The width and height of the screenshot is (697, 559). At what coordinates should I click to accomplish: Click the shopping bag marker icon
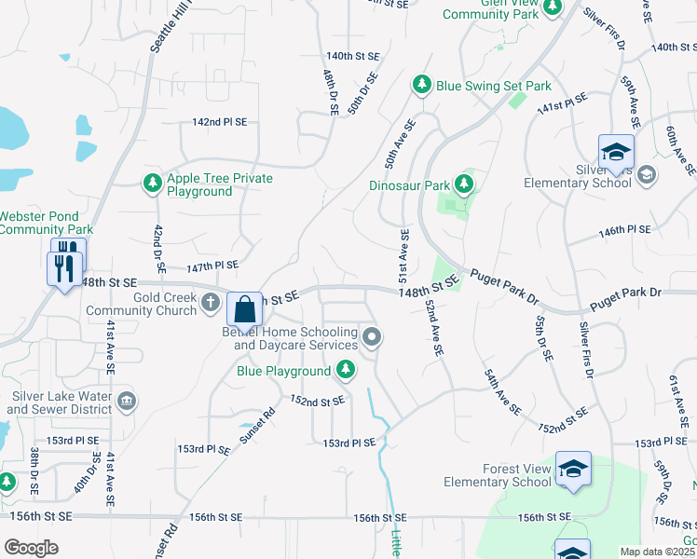pyautogui.click(x=244, y=307)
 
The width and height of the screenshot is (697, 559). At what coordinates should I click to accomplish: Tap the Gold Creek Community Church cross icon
pyautogui.click(x=212, y=302)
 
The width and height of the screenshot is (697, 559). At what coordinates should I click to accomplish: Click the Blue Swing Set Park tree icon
pyautogui.click(x=422, y=86)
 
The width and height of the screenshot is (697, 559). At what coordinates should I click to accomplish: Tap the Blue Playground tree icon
pyautogui.click(x=346, y=371)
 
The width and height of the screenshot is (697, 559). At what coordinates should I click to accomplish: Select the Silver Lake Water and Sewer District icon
pyautogui.click(x=128, y=402)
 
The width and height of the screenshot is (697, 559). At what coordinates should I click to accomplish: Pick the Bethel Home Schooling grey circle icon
pyautogui.click(x=372, y=337)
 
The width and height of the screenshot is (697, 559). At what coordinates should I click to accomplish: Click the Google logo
pyautogui.click(x=31, y=548)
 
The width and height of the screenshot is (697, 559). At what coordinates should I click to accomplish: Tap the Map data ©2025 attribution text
pyautogui.click(x=658, y=552)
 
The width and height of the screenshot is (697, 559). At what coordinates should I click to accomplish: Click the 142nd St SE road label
pyautogui.click(x=220, y=122)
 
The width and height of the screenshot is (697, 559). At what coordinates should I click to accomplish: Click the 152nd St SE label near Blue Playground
pyautogui.click(x=318, y=402)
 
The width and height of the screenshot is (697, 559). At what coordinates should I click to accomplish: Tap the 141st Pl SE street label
pyautogui.click(x=562, y=102)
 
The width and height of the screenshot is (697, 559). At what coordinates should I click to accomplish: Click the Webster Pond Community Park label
pyautogui.click(x=46, y=223)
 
